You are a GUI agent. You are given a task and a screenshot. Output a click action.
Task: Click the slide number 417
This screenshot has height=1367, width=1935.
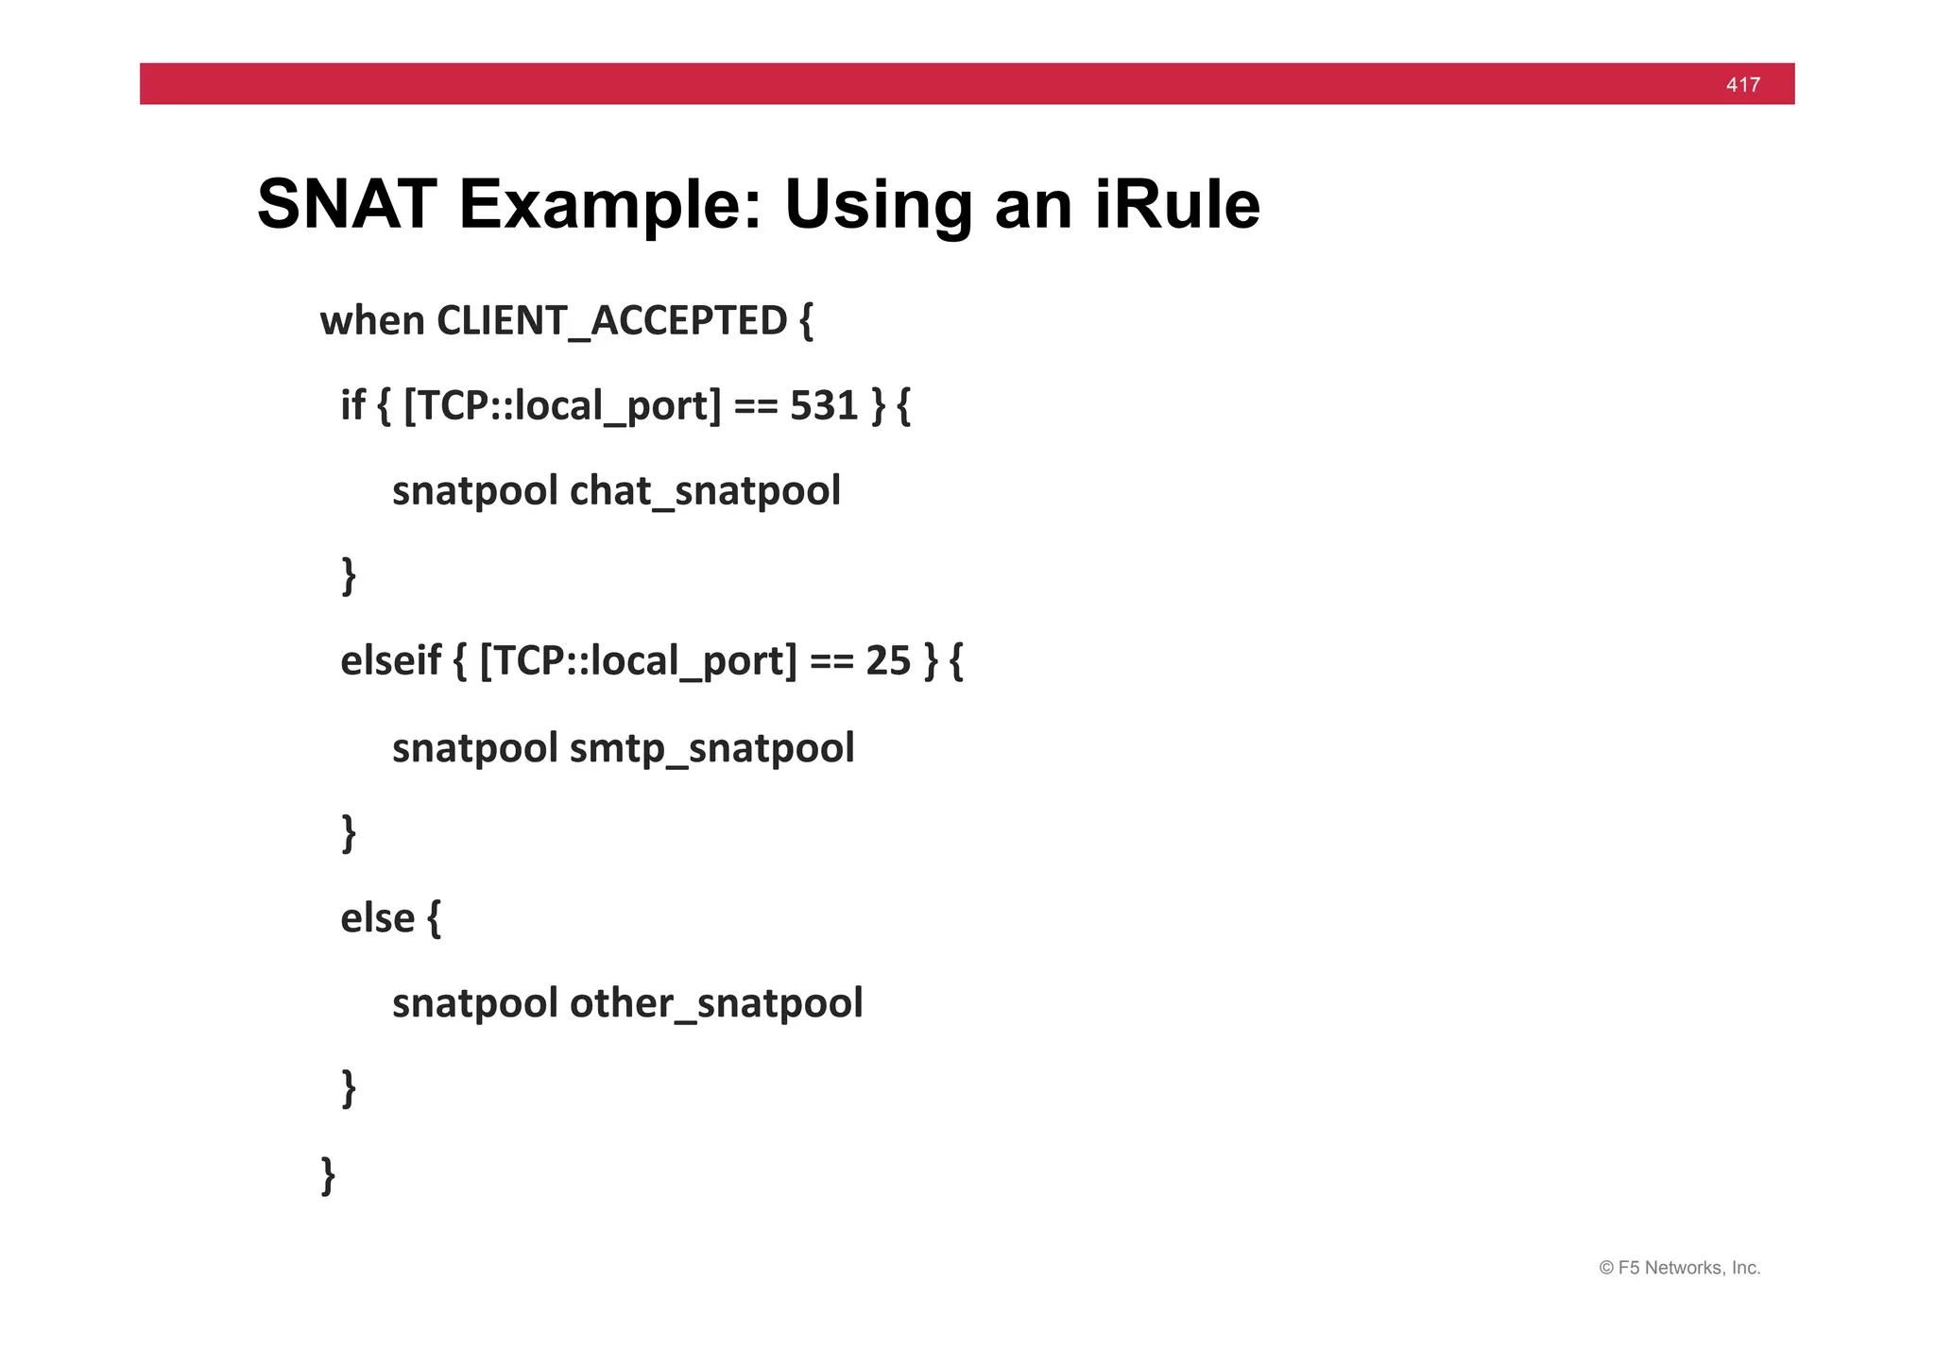point(1742,85)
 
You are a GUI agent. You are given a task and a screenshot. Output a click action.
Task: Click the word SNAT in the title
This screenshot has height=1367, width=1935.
point(347,204)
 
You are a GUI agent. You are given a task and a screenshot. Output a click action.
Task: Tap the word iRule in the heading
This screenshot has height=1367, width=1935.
point(1177,204)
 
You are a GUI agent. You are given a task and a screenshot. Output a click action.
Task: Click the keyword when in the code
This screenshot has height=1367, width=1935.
point(372,321)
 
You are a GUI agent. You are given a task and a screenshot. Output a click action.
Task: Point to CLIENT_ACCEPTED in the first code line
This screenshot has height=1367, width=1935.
point(611,321)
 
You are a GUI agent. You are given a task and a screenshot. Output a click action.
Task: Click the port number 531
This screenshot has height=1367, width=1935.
point(823,405)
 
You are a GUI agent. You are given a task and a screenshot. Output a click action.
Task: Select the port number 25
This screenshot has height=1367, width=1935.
point(887,660)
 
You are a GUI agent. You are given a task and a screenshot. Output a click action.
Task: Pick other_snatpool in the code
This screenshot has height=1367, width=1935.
point(716,1003)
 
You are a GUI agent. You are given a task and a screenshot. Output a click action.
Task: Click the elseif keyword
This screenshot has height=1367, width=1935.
point(390,660)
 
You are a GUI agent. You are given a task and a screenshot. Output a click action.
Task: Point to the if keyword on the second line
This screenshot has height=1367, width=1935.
point(352,405)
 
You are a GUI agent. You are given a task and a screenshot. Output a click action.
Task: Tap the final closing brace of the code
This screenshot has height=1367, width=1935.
point(328,1174)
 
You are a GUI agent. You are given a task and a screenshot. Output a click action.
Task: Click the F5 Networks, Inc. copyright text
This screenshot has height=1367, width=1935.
point(1679,1268)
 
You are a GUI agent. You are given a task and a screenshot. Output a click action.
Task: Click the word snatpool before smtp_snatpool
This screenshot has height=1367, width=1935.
point(474,748)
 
